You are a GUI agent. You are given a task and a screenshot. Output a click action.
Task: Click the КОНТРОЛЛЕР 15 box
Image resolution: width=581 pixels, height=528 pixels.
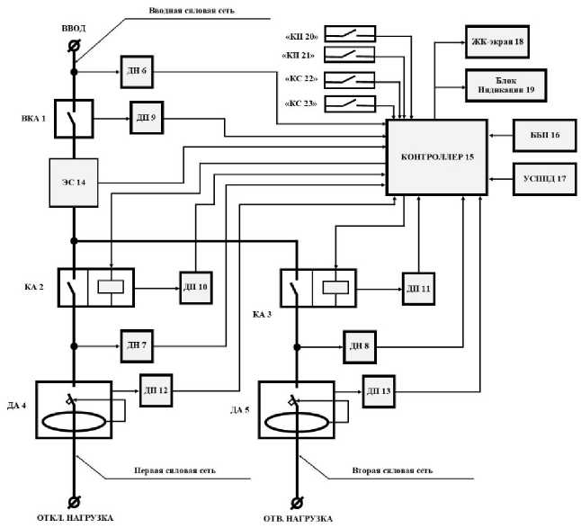(436, 157)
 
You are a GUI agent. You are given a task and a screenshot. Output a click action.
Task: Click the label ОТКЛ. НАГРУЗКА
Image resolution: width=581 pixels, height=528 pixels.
(76, 519)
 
